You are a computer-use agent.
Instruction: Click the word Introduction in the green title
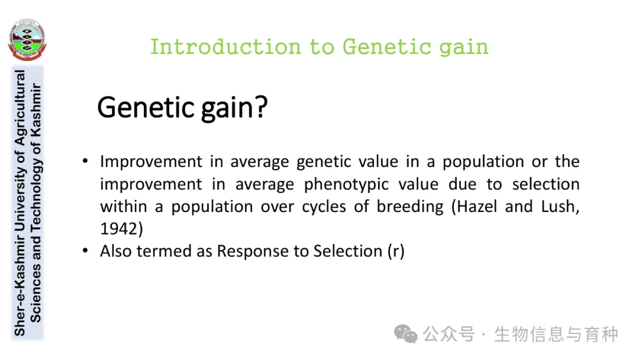225,46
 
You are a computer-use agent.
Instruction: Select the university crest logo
27,40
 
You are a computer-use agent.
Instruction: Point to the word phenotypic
346,184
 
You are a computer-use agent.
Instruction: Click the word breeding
409,207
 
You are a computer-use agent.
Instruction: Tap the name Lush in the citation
559,206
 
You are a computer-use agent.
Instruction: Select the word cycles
324,207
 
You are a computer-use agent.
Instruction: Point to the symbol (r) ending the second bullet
396,251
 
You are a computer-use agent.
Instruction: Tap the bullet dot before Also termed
85,250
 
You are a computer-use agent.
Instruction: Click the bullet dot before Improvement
85,160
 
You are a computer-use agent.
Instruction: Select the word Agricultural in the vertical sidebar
20,108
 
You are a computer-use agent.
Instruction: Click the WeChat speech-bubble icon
405,334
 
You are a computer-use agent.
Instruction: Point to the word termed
164,251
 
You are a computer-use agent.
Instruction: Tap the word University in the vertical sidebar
20,197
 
